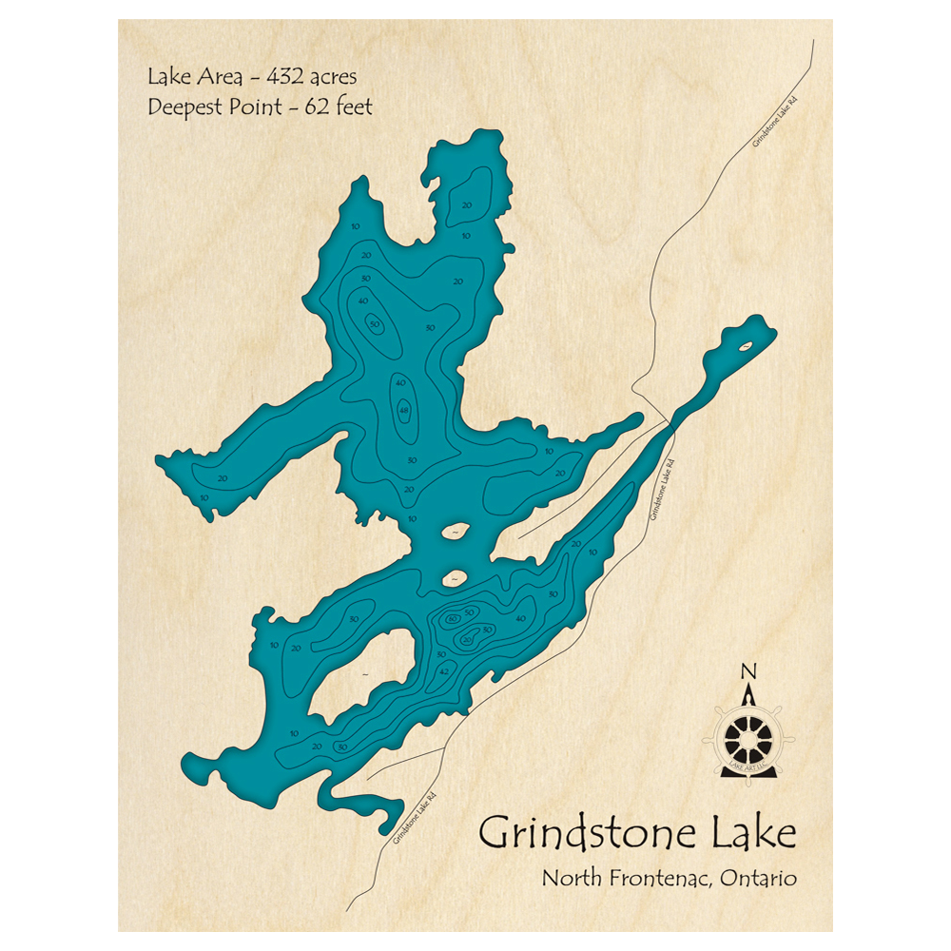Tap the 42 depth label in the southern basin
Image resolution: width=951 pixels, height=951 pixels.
[x=443, y=671]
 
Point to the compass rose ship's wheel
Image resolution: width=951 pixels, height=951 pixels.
[x=748, y=735]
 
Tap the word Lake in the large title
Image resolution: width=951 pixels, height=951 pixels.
[x=749, y=833]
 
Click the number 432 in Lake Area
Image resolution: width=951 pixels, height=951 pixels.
[x=282, y=75]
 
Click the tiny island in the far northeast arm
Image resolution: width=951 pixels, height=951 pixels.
[x=747, y=344]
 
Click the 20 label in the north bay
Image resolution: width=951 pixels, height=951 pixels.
[x=466, y=204]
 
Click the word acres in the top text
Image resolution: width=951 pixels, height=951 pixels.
[x=332, y=75]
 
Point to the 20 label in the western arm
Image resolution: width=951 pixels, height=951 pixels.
[x=222, y=478]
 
